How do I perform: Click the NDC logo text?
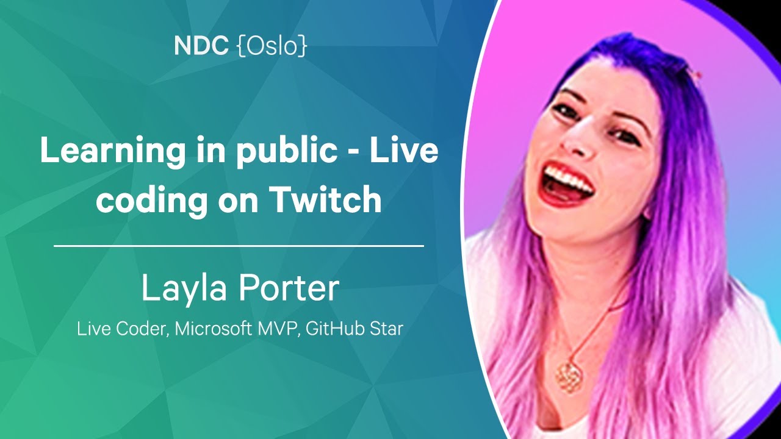pyautogui.click(x=201, y=46)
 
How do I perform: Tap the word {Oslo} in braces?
pyautogui.click(x=272, y=46)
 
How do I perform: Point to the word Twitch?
pyautogui.click(x=326, y=199)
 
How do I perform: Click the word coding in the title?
pyautogui.click(x=152, y=201)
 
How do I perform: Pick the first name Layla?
pyautogui.click(x=184, y=288)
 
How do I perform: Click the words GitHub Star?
pyautogui.click(x=355, y=329)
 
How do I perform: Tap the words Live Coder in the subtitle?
pyautogui.click(x=121, y=329)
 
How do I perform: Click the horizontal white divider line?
pyautogui.click(x=239, y=246)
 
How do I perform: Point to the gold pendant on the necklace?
pyautogui.click(x=569, y=377)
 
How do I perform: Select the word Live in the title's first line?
pyautogui.click(x=403, y=150)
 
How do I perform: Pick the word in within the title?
pyautogui.click(x=211, y=150)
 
